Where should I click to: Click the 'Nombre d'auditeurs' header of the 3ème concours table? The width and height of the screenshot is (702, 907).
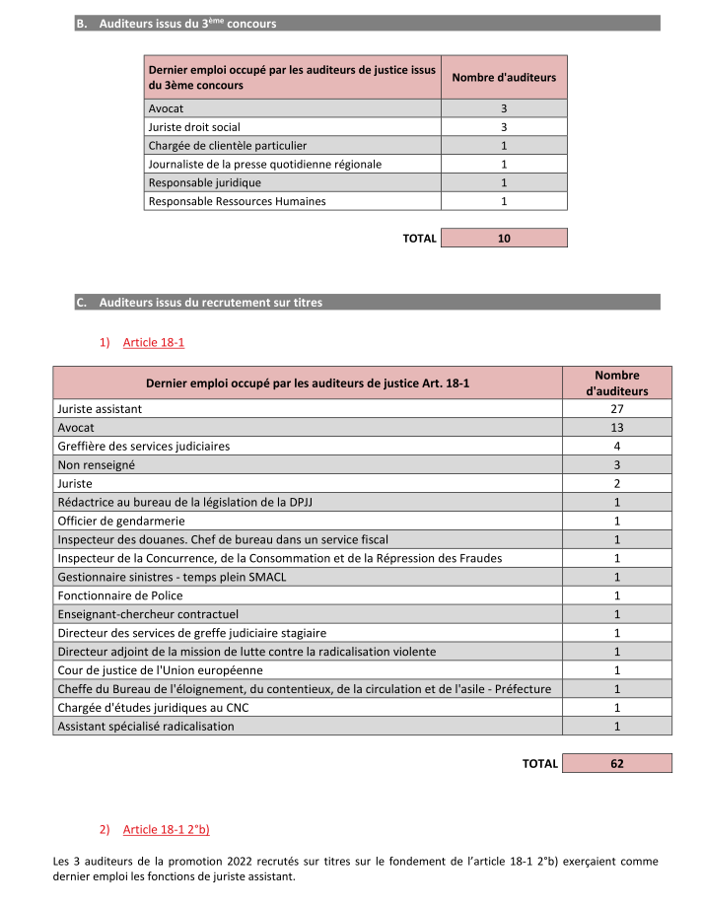(503, 77)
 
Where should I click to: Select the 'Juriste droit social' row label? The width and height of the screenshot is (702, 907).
(194, 126)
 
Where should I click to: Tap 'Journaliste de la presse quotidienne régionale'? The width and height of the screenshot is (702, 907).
(264, 164)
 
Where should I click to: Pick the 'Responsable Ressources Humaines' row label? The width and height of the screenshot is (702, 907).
(237, 201)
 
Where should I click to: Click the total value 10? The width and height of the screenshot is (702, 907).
(504, 238)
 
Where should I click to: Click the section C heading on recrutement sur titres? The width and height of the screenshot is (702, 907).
(210, 303)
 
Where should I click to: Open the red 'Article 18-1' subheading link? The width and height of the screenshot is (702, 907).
(154, 342)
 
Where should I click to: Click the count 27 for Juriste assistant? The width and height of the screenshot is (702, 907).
(616, 408)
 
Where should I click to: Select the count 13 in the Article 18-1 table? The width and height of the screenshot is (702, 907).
(616, 427)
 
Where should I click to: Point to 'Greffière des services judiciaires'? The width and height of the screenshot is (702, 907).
(144, 446)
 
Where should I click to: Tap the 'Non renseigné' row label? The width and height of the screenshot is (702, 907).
(97, 464)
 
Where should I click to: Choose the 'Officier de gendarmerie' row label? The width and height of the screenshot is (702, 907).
(121, 521)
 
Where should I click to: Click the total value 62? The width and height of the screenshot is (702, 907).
(616, 763)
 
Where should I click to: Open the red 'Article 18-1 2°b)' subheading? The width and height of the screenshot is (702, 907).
(167, 829)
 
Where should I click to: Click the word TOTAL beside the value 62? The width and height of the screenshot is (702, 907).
(539, 763)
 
